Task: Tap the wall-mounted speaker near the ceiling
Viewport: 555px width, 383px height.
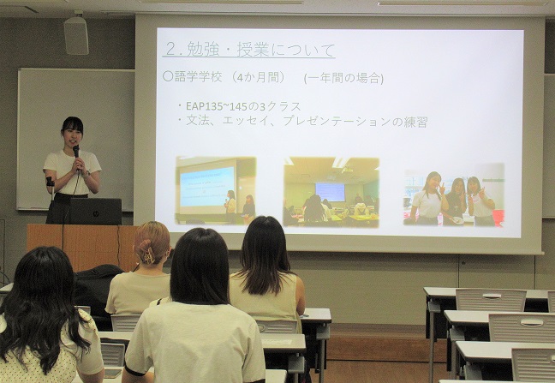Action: [76, 34]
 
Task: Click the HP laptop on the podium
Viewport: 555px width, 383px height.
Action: [94, 212]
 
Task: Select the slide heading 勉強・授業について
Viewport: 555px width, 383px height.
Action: [260, 50]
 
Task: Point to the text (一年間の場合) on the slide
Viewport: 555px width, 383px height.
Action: [343, 78]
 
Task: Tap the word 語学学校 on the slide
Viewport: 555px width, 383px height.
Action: [198, 77]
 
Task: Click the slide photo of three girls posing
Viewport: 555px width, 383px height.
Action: [454, 194]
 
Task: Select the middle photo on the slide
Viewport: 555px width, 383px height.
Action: [331, 192]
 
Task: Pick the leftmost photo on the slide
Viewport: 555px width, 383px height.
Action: [216, 190]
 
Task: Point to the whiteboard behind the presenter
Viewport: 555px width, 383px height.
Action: [76, 139]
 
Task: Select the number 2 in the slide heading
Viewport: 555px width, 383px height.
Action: [170, 50]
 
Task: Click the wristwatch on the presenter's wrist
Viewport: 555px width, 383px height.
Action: [87, 173]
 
